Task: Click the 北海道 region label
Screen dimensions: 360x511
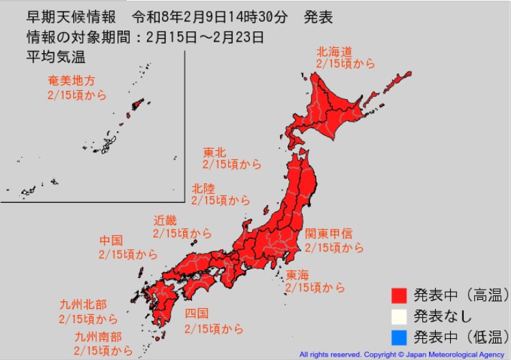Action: point(333,51)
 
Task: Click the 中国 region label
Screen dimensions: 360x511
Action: point(111,240)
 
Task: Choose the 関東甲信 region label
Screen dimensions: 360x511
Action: point(329,234)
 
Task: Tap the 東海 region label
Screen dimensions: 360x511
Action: point(297,275)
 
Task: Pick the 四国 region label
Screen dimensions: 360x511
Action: point(197,314)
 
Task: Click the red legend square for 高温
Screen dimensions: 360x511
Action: point(399,295)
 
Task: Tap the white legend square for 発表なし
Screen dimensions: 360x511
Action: point(399,316)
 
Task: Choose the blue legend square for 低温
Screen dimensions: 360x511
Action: point(399,337)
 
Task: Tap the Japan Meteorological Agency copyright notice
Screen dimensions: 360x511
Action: point(403,355)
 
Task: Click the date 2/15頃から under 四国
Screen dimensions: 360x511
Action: point(214,329)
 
